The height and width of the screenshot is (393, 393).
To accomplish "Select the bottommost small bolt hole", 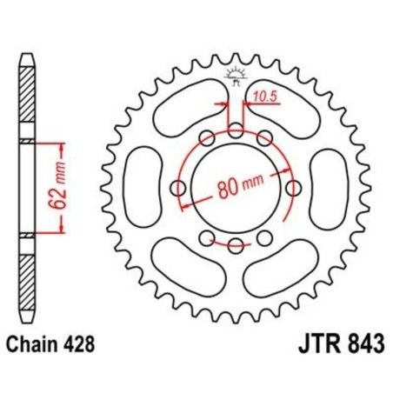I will [236, 245].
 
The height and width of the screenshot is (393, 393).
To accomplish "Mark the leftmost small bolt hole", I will [178, 188].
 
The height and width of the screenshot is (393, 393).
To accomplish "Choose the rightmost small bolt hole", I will [294, 188].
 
